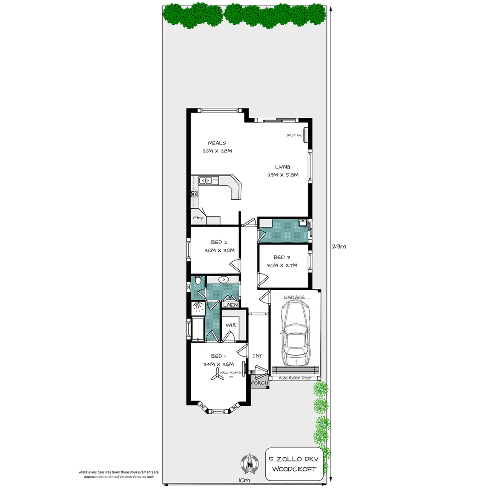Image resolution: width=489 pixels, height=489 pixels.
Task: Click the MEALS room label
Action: (217, 143)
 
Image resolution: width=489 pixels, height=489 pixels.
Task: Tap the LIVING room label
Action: (283, 167)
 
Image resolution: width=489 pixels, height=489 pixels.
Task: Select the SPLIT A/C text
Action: (294, 135)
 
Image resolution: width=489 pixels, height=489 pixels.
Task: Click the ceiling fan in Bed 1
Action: (220, 373)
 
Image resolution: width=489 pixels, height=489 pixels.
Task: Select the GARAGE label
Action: (294, 297)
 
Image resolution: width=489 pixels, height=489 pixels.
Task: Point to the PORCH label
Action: (259, 383)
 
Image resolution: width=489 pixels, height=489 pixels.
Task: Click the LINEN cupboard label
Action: (230, 305)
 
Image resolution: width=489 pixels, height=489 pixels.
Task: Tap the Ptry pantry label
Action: (197, 218)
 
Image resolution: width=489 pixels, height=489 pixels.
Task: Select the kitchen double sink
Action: (206, 181)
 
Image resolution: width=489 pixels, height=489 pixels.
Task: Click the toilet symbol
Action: (198, 281)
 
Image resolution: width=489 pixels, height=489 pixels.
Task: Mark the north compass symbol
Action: (249, 463)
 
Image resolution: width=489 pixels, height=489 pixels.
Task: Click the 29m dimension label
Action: (339, 247)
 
